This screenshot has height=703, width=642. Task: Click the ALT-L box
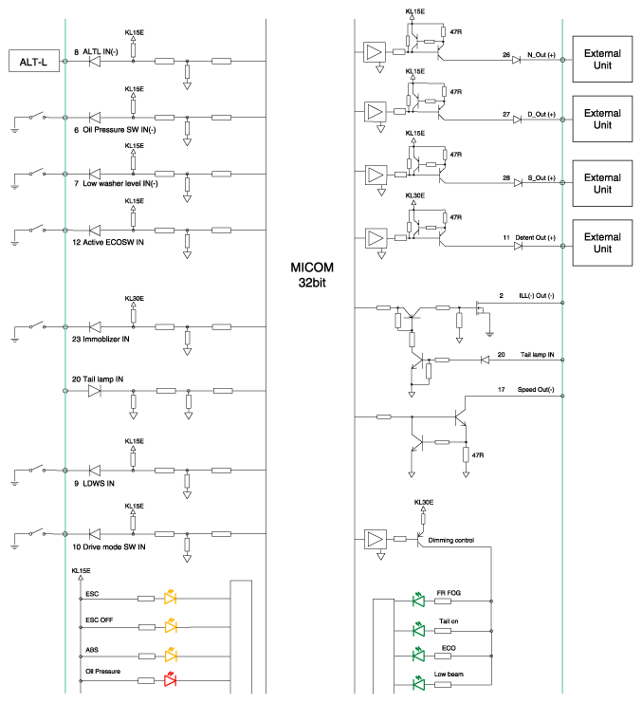tap(34, 61)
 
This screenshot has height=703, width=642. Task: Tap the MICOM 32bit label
tap(312, 275)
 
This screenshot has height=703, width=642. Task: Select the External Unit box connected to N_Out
tap(602, 59)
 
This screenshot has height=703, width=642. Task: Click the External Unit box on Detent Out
tap(602, 243)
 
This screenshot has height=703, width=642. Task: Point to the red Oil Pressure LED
tap(170, 679)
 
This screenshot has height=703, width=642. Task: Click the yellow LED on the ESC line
tap(170, 597)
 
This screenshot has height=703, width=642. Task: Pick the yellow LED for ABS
tap(171, 655)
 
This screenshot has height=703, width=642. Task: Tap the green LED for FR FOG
tap(418, 600)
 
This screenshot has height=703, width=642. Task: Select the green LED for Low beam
tap(418, 683)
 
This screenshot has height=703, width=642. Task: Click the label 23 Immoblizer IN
tap(101, 340)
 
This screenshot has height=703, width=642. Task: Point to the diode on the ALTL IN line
tap(95, 61)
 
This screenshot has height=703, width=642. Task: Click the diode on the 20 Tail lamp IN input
tap(94, 391)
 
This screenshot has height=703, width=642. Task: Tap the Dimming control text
tap(450, 540)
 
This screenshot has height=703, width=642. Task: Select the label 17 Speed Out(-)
tap(525, 390)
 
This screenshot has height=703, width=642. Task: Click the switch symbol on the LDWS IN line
tap(38, 469)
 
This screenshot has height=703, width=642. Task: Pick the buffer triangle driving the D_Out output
tap(375, 112)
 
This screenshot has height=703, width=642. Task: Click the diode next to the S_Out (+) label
tap(518, 183)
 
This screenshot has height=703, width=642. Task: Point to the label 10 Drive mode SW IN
tap(109, 547)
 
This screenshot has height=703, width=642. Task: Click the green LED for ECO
tap(418, 655)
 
